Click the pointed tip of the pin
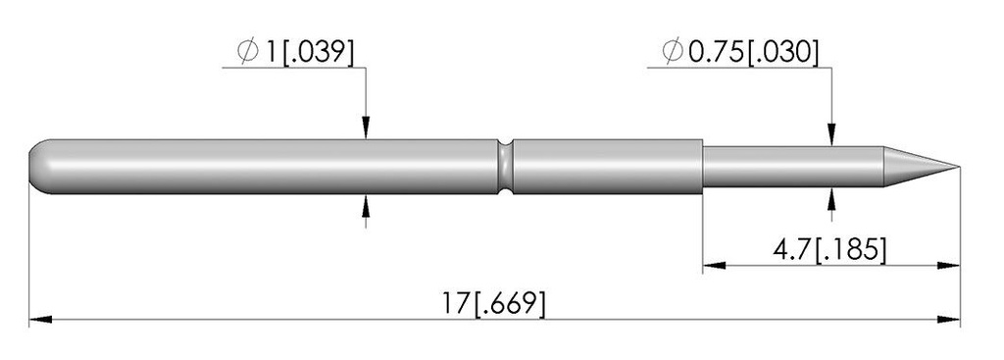[x=959, y=167]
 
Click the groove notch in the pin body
[x=506, y=167]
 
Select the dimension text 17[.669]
[x=494, y=304]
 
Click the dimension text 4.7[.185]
[x=829, y=250]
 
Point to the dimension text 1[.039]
[x=309, y=52]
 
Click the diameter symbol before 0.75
[x=673, y=51]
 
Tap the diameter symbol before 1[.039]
[x=248, y=51]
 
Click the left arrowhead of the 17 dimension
[x=39, y=319]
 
